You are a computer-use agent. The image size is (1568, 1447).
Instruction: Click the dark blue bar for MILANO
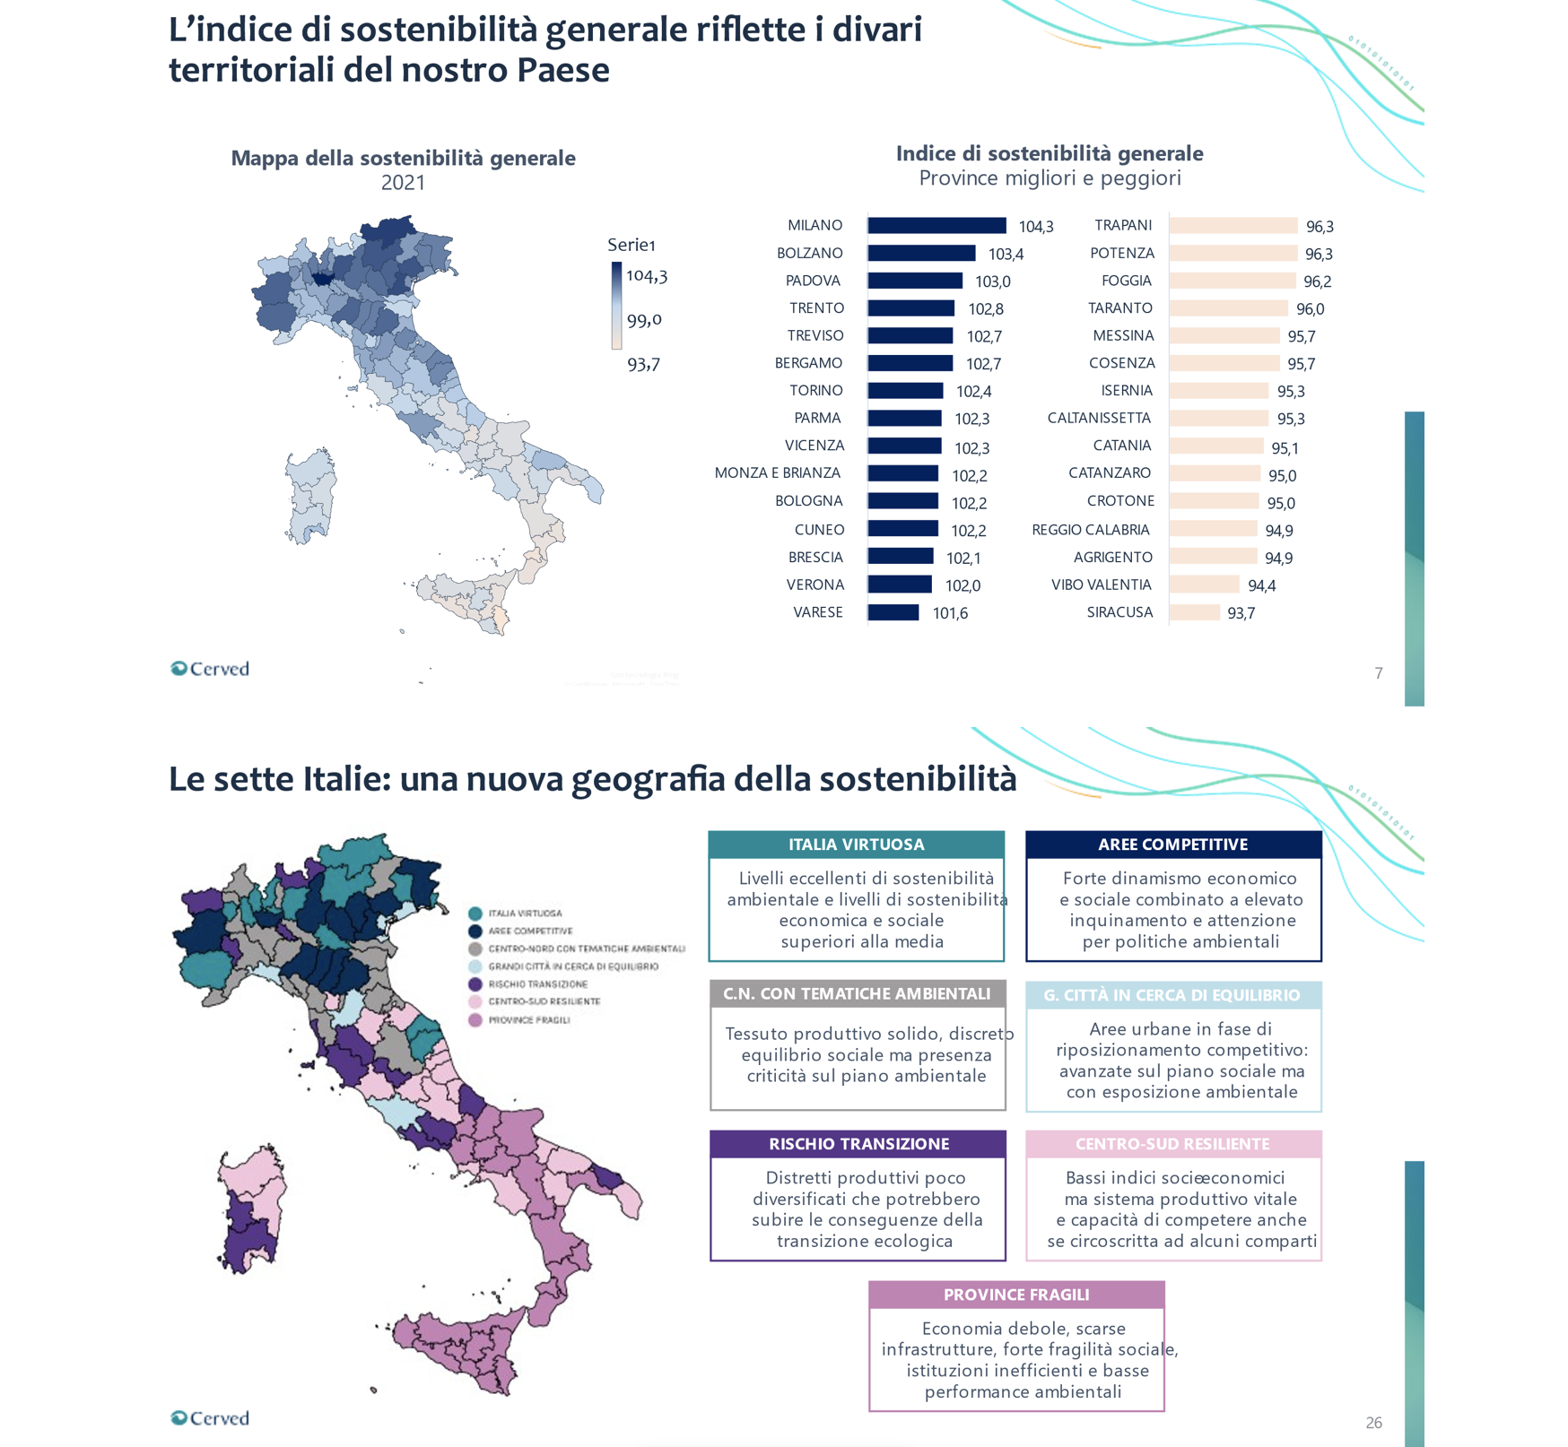coord(936,226)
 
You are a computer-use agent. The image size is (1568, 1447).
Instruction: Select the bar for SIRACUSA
coord(1195,613)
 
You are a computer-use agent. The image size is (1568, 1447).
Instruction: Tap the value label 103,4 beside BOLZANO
coord(1006,255)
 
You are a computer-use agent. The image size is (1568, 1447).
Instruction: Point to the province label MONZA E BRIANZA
coord(777,473)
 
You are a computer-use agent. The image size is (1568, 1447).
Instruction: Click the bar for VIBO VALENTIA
coord(1205,585)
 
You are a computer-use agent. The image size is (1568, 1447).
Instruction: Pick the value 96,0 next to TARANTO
coord(1310,309)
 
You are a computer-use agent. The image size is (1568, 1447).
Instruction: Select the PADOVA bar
coord(915,282)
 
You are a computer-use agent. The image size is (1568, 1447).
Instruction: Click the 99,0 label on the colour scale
coord(644,320)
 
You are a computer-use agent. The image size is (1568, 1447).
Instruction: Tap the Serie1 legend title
coord(632,245)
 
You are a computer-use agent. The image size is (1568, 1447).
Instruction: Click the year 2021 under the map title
coord(403,183)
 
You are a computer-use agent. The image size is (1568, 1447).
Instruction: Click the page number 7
coord(1378,673)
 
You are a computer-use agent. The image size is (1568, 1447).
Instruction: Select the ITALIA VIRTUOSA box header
coord(856,845)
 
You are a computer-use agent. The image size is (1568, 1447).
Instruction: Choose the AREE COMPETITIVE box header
coord(1172,845)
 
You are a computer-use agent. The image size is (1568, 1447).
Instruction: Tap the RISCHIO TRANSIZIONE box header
coord(858,1144)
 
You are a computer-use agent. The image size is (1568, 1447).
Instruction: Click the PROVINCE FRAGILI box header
coord(1015,1295)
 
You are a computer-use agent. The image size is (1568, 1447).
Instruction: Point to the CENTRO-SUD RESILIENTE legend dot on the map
coord(475,1002)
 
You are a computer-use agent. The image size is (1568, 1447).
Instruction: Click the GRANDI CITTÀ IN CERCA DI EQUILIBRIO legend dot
coord(475,966)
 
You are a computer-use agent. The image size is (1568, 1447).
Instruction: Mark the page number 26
coord(1373,1423)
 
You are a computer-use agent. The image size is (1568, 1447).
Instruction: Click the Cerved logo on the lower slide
coord(210,1418)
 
